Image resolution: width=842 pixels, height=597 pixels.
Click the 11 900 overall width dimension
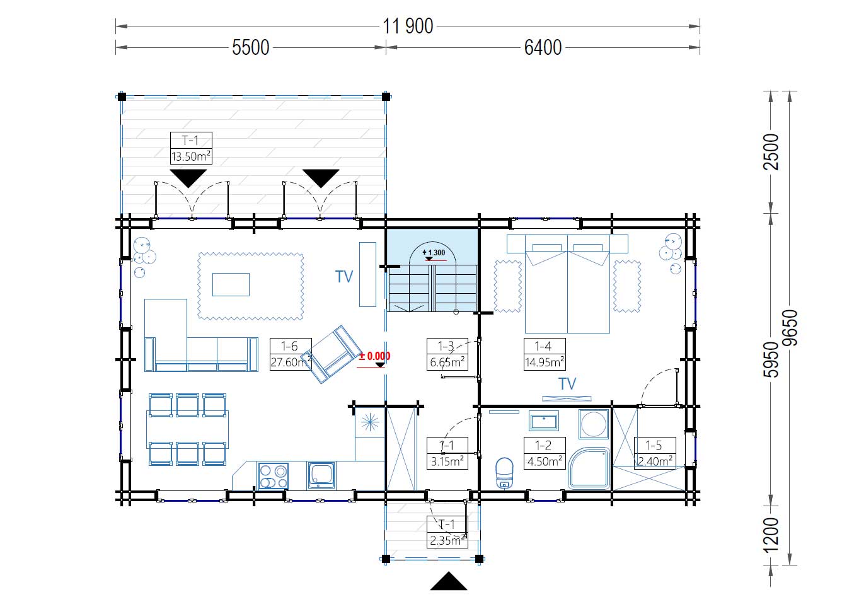tap(408, 26)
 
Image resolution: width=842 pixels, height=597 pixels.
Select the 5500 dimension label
tap(251, 48)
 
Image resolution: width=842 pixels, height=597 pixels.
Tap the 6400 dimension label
tap(543, 48)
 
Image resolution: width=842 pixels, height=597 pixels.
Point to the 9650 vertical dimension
tap(789, 328)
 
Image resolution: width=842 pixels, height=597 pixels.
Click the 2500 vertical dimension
tap(771, 152)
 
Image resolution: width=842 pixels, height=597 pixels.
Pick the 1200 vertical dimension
tap(771, 535)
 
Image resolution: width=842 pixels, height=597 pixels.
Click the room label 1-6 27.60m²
tap(291, 354)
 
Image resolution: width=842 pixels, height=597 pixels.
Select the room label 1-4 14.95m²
tap(545, 354)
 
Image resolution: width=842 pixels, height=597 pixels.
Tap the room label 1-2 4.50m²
tap(545, 453)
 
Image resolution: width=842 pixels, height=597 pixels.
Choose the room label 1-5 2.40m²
tap(655, 453)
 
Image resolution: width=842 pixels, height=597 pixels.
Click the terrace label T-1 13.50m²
tap(191, 148)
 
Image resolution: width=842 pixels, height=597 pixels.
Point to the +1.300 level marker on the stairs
tap(434, 253)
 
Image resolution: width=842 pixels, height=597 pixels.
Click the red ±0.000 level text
tap(374, 356)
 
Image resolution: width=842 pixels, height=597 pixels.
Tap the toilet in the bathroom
tap(504, 473)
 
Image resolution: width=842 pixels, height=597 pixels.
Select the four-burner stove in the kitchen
tap(274, 477)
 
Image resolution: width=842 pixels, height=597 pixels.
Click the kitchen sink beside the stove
tap(321, 475)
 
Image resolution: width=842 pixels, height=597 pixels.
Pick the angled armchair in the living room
tap(331, 354)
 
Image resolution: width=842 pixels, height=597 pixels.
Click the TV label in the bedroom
tap(567, 384)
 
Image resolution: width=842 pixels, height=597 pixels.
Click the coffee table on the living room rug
tap(231, 284)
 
